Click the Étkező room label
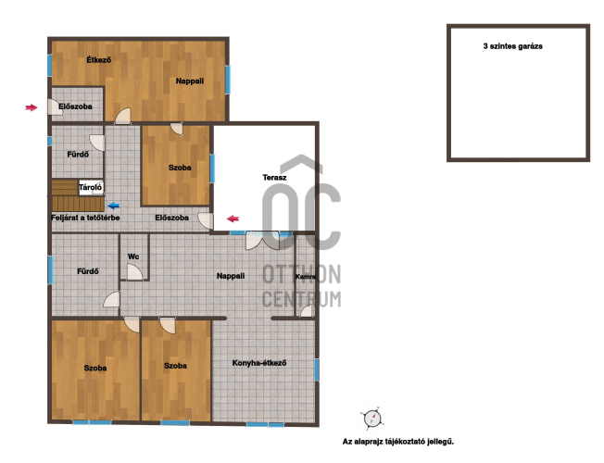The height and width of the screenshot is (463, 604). tap(98, 60)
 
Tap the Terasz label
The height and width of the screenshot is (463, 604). tap(274, 178)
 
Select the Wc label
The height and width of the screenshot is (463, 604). tap(133, 257)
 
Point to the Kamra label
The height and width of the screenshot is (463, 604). tap(306, 277)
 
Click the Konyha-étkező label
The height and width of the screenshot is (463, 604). tap(259, 363)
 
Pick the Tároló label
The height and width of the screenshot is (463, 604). tap(91, 188)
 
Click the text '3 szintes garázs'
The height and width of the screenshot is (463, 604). tap(512, 46)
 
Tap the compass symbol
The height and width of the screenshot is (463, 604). tap(372, 418)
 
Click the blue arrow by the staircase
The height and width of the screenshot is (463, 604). tap(114, 206)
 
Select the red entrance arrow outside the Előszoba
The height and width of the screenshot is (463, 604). tap(31, 107)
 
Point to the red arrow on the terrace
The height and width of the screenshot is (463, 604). tap(233, 219)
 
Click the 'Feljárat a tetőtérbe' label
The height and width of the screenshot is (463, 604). tap(85, 218)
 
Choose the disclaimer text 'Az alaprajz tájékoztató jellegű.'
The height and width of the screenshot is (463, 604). tap(398, 442)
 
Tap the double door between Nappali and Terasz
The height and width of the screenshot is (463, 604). tap(263, 241)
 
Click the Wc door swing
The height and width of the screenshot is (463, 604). tap(135, 272)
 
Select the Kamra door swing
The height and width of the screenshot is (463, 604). tap(307, 311)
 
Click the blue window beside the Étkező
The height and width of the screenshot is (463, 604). tap(50, 65)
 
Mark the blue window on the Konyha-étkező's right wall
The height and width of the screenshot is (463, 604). tap(317, 369)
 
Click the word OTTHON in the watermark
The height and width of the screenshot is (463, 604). tap(302, 274)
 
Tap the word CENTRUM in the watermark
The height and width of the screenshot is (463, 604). tap(302, 299)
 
